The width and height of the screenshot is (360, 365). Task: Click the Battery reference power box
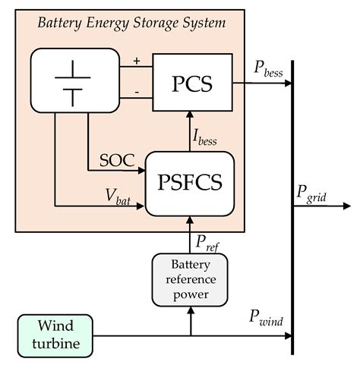click(191, 279)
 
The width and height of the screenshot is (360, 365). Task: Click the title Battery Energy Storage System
click(131, 23)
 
